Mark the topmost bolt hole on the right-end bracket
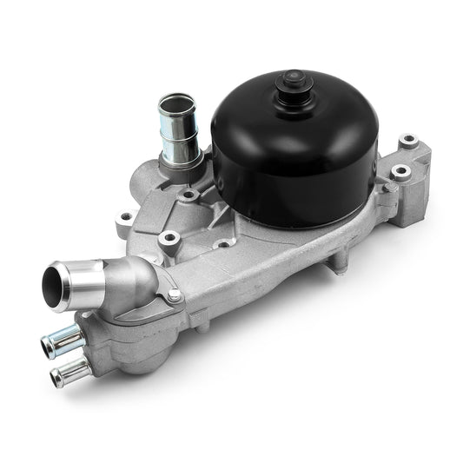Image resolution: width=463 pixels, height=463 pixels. pyautogui.click(x=408, y=139)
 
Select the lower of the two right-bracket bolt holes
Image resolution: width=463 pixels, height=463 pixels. pyautogui.click(x=400, y=172)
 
